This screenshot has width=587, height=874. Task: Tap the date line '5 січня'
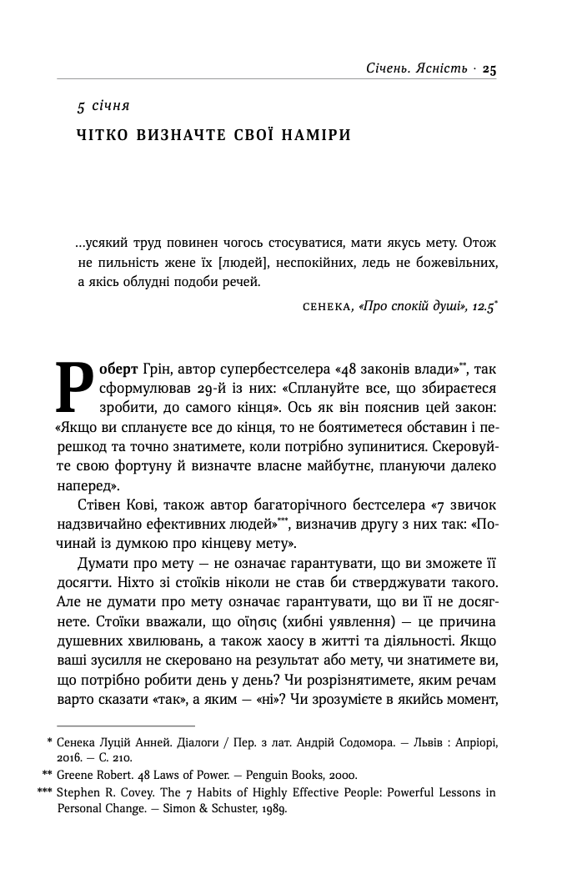point(103,107)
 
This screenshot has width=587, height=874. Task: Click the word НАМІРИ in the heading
point(313,135)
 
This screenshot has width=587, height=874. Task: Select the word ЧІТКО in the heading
point(103,135)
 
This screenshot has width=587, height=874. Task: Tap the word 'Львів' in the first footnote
point(404,741)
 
